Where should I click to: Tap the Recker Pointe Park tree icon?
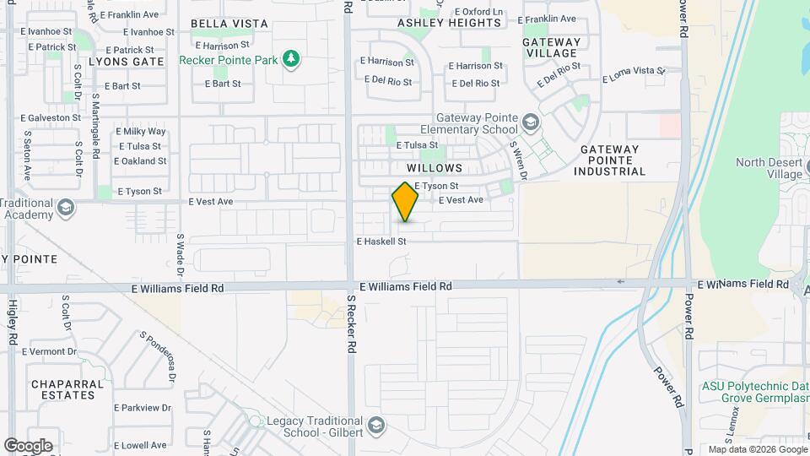click(x=291, y=58)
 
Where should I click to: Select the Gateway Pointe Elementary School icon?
click(x=530, y=123)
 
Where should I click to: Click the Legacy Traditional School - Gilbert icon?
click(x=376, y=424)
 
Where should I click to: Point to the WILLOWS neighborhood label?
click(x=435, y=168)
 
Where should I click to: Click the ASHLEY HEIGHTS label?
click(x=449, y=23)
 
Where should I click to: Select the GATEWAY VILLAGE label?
click(x=552, y=47)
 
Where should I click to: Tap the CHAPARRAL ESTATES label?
click(x=67, y=389)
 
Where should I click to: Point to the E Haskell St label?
click(x=381, y=242)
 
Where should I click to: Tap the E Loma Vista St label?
click(x=635, y=76)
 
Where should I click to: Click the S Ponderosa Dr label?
click(x=156, y=353)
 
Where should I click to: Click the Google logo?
click(x=28, y=445)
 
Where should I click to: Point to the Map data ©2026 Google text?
click(x=755, y=449)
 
